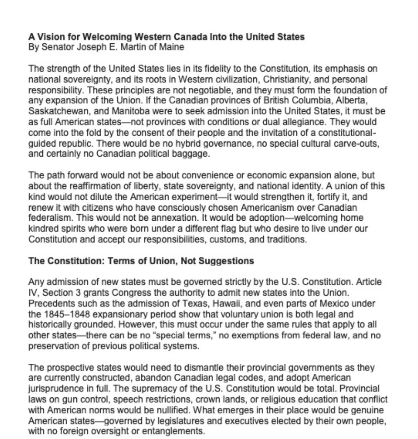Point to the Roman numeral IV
tap(32, 292)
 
